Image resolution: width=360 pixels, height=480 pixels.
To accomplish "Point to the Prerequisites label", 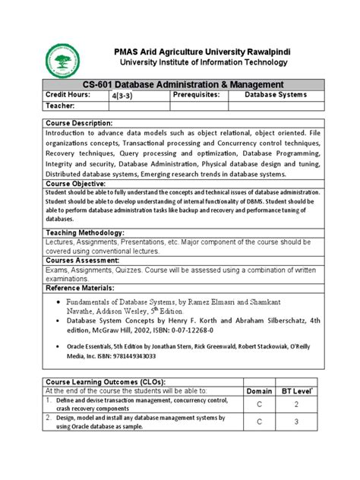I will coord(196,95).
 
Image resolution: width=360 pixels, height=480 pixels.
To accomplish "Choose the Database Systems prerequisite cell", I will coord(275,95).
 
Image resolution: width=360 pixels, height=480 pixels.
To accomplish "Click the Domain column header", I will coord(260,391).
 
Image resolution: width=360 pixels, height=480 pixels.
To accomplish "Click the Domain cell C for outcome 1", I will coord(260,403).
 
